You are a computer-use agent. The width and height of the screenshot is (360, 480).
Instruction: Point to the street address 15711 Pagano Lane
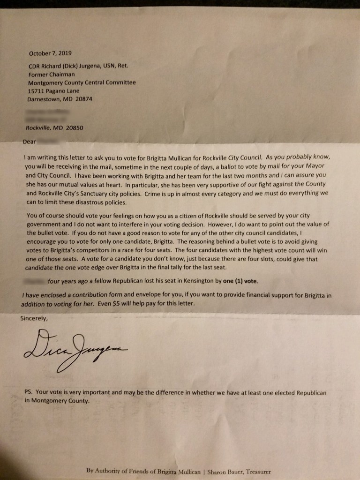[x=54, y=91]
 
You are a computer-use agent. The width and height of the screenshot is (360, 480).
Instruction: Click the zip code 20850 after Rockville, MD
[x=74, y=127]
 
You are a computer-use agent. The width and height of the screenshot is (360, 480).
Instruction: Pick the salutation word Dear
[x=29, y=141]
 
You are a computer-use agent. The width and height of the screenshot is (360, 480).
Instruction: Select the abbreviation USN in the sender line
[x=104, y=66]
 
